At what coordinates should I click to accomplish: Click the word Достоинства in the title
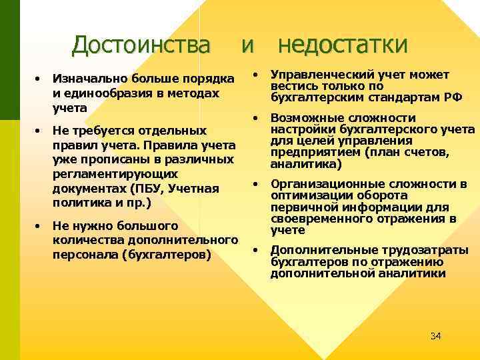[141, 45]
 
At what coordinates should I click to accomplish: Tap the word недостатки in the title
[342, 45]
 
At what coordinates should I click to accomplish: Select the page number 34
[435, 335]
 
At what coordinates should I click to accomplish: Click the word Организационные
[317, 184]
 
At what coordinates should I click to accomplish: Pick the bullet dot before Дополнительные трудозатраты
[255, 251]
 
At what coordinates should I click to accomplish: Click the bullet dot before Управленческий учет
[255, 74]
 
